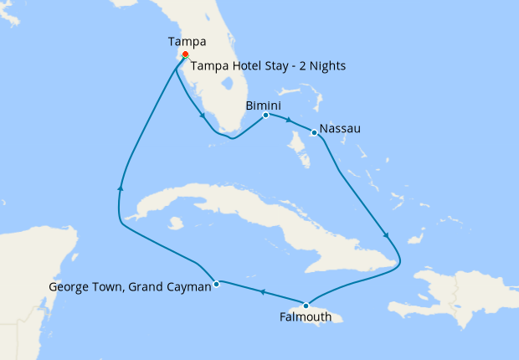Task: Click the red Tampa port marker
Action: click(x=185, y=55)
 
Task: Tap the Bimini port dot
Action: click(x=265, y=115)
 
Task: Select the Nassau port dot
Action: click(x=313, y=131)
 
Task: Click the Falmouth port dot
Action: click(x=306, y=305)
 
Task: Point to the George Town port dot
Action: click(x=216, y=283)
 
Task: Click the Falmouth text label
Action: click(x=306, y=317)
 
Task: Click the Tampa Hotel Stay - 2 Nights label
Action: click(x=268, y=65)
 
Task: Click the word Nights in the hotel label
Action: click(x=325, y=65)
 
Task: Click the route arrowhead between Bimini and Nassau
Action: click(x=289, y=122)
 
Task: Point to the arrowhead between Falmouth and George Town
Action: click(x=261, y=293)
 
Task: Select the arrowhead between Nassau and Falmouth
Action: click(x=384, y=234)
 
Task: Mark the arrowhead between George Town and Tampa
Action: click(x=121, y=188)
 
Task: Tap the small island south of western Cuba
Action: click(x=175, y=224)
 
